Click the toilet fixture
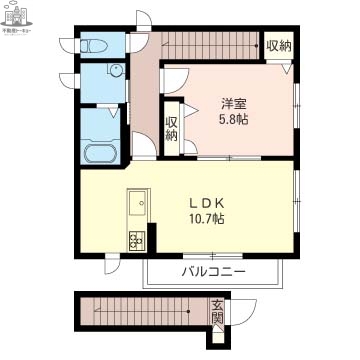(96, 45)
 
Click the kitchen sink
(136, 206)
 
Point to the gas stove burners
(136, 240)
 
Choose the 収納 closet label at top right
(279, 46)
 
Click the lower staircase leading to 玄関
(140, 313)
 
